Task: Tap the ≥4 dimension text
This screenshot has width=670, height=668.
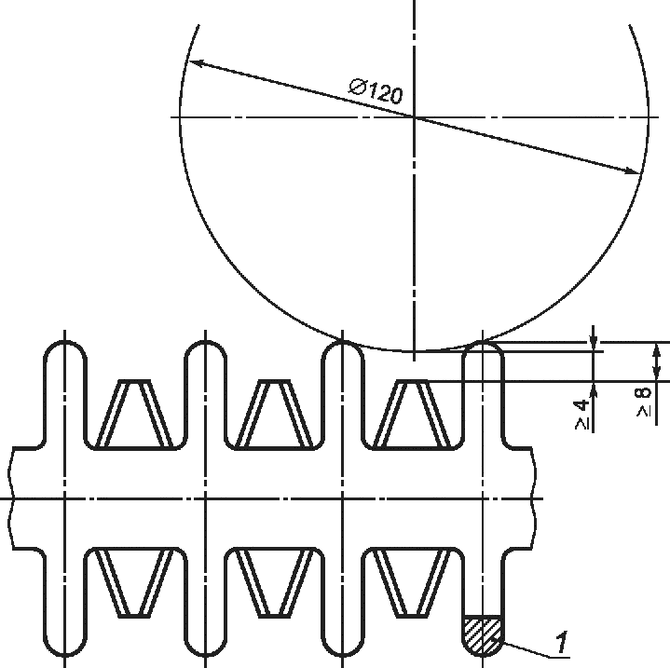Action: pyautogui.click(x=581, y=415)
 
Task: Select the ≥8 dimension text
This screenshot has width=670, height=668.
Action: pyautogui.click(x=644, y=402)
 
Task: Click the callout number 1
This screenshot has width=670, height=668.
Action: pyautogui.click(x=562, y=642)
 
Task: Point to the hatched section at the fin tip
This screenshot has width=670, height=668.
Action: pyautogui.click(x=483, y=635)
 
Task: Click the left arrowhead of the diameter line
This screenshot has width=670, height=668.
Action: pyautogui.click(x=196, y=63)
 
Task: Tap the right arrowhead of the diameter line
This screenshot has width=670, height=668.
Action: pyautogui.click(x=634, y=171)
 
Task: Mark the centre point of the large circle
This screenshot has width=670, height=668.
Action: pyautogui.click(x=414, y=116)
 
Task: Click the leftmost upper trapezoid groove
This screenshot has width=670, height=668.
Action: pyautogui.click(x=134, y=414)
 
